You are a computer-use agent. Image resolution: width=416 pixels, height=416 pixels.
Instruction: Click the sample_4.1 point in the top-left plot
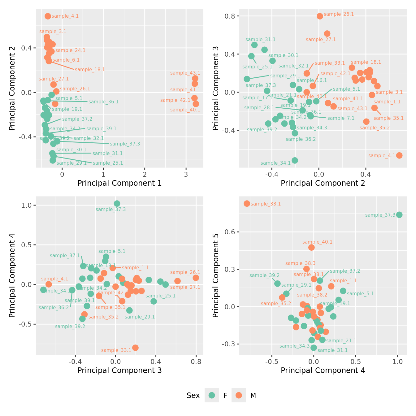48,16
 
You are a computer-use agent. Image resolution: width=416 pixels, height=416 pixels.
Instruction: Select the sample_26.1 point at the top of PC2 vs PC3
320,16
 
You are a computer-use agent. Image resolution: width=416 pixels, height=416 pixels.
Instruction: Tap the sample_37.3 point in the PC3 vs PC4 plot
117,203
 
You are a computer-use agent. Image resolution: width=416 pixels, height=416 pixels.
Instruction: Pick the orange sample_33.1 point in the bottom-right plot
247,203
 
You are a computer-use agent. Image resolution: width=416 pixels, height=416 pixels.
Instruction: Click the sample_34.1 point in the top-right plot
295,160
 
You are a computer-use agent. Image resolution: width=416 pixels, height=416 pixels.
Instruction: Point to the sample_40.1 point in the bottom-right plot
311,247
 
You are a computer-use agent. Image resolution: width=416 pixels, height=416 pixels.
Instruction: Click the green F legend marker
212,395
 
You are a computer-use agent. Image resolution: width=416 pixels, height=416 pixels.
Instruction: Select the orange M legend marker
239,395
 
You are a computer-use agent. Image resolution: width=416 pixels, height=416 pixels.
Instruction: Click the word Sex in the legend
193,396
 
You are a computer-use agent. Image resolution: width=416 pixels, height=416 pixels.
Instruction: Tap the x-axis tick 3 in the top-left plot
186,174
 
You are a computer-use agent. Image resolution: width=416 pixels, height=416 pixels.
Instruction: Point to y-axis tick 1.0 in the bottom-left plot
28,205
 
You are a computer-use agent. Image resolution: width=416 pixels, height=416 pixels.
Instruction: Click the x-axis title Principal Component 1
119,183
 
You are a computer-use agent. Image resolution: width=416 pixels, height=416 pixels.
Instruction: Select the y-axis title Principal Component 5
216,275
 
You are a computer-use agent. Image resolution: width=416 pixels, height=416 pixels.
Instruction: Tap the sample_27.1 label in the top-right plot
321,40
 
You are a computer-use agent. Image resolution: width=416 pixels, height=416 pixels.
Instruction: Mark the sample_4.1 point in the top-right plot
399,155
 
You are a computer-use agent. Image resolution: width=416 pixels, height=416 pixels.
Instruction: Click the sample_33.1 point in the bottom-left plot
135,348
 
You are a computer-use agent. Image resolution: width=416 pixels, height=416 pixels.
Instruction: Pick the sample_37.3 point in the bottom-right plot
399,215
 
